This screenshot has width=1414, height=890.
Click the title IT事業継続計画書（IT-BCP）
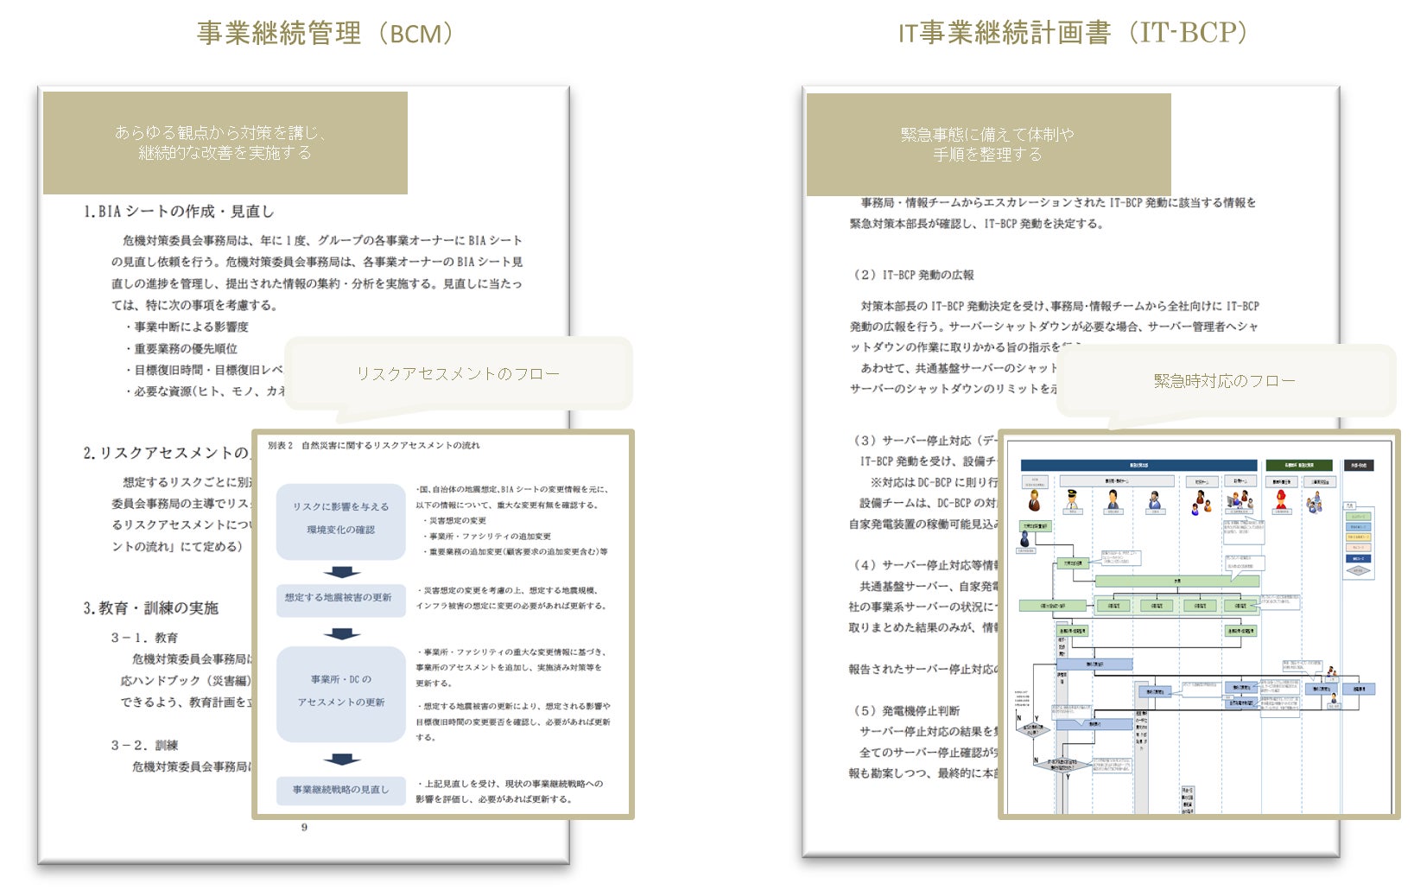[1073, 33]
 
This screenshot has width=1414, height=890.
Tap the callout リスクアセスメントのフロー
[458, 373]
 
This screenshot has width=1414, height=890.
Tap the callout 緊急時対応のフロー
[1224, 380]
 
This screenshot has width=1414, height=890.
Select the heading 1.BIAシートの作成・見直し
[179, 212]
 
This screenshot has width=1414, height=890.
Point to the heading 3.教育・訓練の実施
[151, 608]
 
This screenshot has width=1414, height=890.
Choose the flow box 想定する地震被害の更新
[339, 598]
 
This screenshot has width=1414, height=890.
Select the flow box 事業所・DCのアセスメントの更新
[341, 691]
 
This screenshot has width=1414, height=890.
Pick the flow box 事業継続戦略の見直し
[341, 790]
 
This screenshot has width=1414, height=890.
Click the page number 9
[304, 827]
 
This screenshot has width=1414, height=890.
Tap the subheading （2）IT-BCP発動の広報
[914, 275]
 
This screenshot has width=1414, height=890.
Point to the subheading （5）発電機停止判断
[907, 710]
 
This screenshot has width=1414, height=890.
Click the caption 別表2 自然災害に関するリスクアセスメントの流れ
[374, 446]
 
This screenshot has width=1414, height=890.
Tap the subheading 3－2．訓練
[144, 745]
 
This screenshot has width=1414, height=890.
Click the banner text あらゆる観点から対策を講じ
[221, 133]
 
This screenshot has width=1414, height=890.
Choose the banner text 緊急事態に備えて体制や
[987, 135]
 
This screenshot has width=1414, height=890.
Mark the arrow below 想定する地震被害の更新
[342, 633]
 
